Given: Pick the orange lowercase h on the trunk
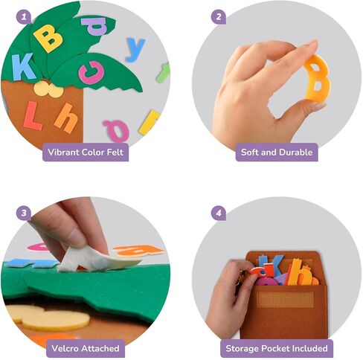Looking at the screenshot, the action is [x=65, y=118].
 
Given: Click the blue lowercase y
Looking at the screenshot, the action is [x=135, y=49].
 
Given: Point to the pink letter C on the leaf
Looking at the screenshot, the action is [x=91, y=72].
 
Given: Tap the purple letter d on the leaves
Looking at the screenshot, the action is [x=95, y=25].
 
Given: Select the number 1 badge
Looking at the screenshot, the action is [x=24, y=17].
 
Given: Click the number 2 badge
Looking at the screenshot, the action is [x=219, y=17].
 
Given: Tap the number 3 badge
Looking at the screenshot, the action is [x=24, y=213].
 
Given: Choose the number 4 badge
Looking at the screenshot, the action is [x=219, y=213].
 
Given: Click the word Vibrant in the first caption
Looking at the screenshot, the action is [x=63, y=152].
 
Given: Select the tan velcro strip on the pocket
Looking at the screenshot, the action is [x=285, y=299].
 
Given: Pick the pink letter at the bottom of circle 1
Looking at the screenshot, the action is [x=117, y=130].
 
